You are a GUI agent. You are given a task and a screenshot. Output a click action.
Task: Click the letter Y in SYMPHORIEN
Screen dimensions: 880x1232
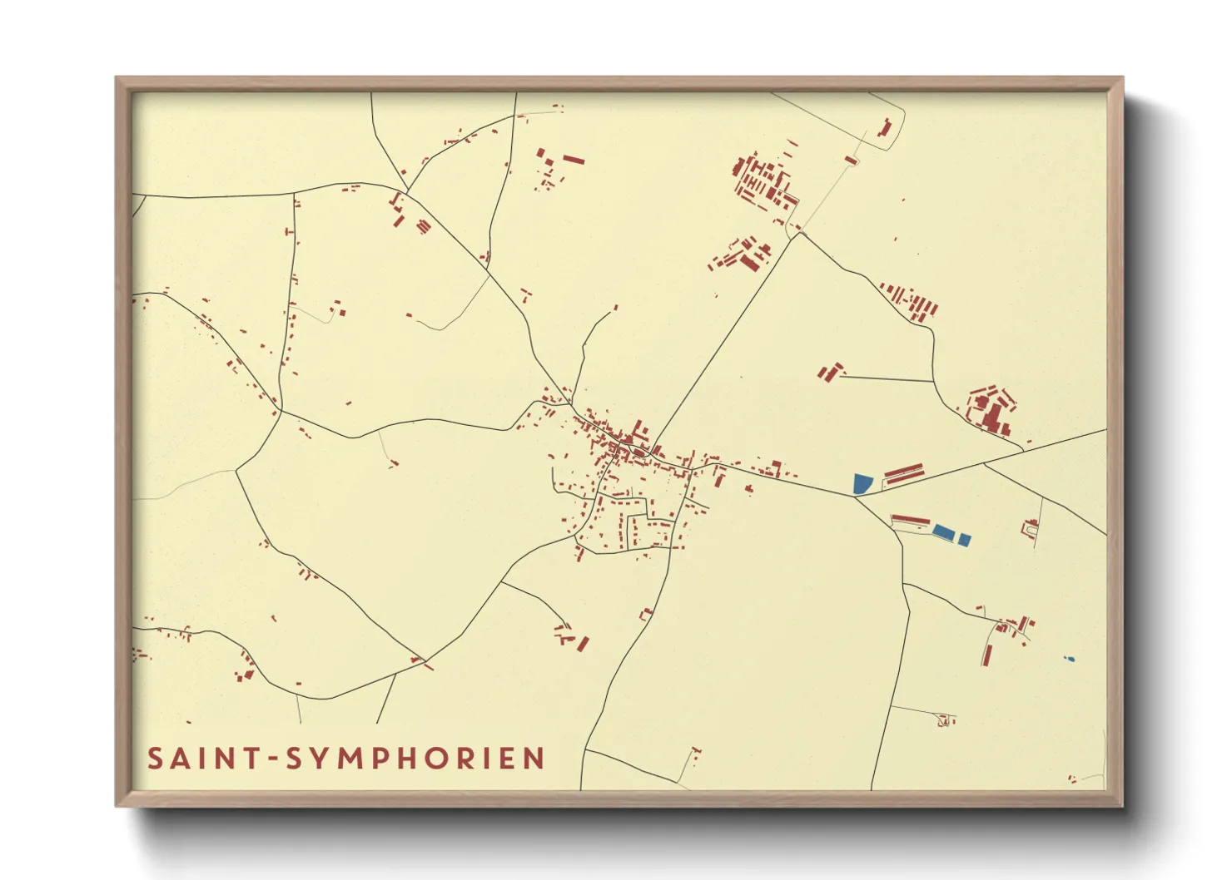(x=322, y=759)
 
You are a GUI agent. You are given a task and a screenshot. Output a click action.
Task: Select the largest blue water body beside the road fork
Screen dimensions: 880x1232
(x=862, y=483)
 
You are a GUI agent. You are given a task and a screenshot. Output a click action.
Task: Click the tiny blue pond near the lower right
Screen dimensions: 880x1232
(x=1070, y=659)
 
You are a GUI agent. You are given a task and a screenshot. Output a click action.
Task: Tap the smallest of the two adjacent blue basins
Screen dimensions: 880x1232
(x=964, y=540)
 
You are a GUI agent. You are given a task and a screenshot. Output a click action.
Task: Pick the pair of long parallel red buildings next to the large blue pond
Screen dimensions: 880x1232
(x=904, y=475)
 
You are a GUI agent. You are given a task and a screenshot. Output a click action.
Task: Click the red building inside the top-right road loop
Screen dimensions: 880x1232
(x=885, y=128)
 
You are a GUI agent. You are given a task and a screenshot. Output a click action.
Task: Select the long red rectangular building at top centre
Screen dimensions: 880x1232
(x=574, y=159)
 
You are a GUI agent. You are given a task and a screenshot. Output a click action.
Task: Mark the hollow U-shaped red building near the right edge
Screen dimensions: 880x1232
(x=1031, y=527)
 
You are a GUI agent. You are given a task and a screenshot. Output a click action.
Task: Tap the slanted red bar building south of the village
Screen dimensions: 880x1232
(x=584, y=644)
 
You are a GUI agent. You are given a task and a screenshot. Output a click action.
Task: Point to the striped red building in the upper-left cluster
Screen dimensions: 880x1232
(x=424, y=225)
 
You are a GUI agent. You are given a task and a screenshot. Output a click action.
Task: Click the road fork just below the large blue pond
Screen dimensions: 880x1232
(x=855, y=497)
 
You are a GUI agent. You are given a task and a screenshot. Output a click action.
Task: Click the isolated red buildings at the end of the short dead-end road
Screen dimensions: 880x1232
(x=829, y=371)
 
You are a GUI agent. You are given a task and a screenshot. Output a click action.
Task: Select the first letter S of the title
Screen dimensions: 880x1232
(x=155, y=759)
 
